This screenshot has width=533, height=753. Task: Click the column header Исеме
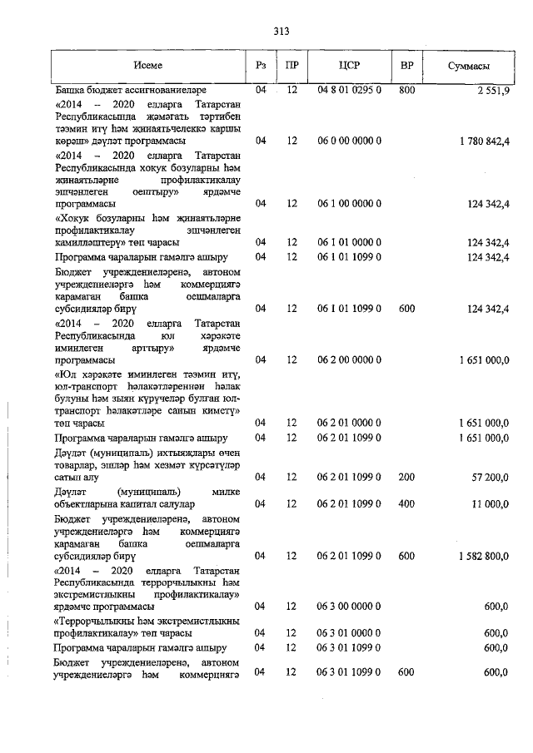point(150,65)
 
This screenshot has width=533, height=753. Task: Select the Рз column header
point(261,65)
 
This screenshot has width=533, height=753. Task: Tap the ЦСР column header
point(349,65)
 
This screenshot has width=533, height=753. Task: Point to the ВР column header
point(407,65)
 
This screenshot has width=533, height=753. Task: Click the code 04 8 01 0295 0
point(349,89)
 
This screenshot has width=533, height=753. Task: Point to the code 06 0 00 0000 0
point(349,141)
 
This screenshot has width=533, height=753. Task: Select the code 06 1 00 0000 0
point(349,203)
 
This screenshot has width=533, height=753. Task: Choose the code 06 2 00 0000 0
point(349,359)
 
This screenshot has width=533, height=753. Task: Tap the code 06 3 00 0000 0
point(349,607)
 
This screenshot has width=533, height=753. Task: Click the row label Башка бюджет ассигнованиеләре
point(131,89)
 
